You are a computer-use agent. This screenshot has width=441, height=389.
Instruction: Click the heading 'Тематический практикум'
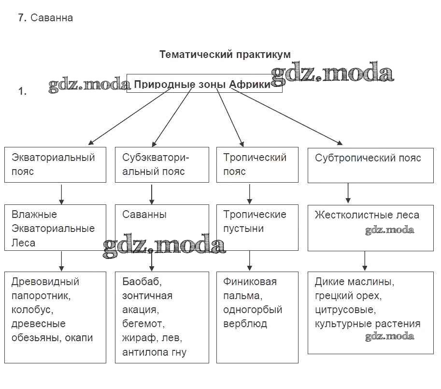click(225, 54)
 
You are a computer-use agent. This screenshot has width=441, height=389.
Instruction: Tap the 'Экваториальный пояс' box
click(55, 164)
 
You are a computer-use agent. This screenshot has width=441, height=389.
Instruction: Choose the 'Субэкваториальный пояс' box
click(161, 164)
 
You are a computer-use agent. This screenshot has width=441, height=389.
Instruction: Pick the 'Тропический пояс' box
click(256, 164)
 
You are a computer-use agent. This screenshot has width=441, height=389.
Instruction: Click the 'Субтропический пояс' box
click(370, 165)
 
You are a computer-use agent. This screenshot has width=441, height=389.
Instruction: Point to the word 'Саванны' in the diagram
click(144, 214)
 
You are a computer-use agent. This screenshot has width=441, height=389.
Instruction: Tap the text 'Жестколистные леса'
click(367, 215)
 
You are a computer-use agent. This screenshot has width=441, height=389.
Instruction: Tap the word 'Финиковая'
click(250, 281)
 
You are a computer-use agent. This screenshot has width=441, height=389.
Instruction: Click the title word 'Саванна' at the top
click(52, 18)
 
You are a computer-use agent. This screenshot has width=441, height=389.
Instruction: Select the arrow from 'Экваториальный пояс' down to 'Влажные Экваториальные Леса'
click(61, 193)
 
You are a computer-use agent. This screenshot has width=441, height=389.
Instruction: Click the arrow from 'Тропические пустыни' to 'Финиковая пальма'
click(249, 261)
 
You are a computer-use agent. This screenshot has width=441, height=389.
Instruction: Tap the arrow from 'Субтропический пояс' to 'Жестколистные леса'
click(348, 193)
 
